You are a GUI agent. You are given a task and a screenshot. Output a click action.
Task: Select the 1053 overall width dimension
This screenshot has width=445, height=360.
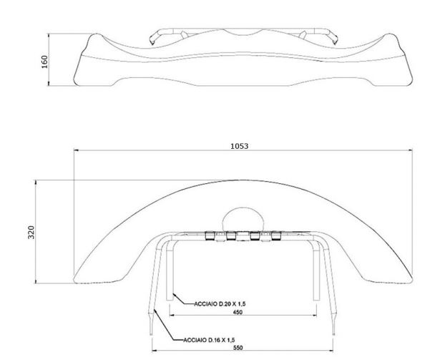[240, 145]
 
